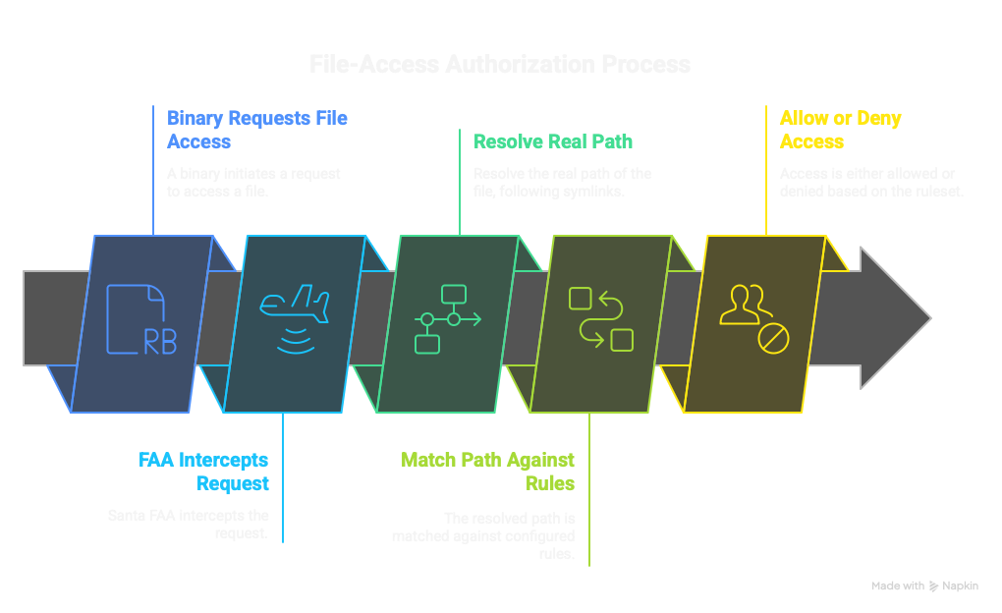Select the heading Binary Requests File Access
(x=256, y=130)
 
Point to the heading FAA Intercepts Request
(x=203, y=472)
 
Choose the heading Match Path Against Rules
(x=487, y=472)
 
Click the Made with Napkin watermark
(x=924, y=585)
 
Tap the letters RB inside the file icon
(x=160, y=341)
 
